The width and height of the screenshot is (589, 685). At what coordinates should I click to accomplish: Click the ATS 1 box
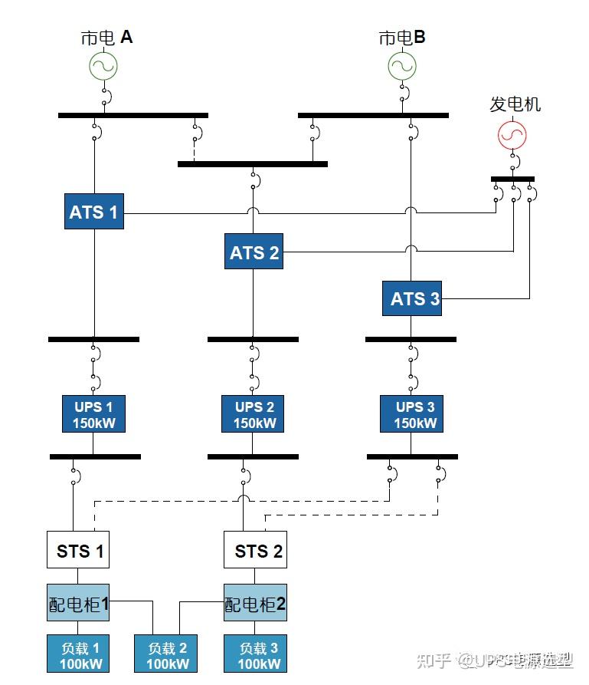point(93,211)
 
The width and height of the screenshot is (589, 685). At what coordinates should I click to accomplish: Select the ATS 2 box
point(254,252)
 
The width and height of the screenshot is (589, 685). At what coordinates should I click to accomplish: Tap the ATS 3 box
point(412,298)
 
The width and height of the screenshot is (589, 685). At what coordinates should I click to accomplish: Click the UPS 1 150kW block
point(93,414)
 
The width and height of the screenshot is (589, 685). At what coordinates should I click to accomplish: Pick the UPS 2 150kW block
point(254,414)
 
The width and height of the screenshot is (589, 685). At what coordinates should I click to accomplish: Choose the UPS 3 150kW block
point(411,414)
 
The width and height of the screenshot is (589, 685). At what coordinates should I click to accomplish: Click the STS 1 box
point(78,549)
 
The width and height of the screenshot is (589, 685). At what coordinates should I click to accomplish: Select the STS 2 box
point(255,549)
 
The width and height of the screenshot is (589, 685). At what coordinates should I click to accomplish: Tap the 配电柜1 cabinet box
point(78,603)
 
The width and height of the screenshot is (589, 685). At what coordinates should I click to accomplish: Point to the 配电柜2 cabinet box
point(255,603)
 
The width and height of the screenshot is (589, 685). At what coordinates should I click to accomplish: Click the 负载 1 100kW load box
point(78,654)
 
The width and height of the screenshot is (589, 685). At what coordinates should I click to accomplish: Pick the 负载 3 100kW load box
point(255,654)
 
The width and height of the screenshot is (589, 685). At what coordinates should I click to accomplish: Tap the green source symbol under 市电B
point(401,66)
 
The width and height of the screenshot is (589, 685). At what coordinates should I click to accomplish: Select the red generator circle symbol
point(512,134)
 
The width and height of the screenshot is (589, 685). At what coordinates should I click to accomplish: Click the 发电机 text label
point(515,104)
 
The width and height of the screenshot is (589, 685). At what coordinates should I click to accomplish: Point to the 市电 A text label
point(106,37)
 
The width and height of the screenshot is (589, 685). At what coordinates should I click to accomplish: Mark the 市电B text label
point(402,37)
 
